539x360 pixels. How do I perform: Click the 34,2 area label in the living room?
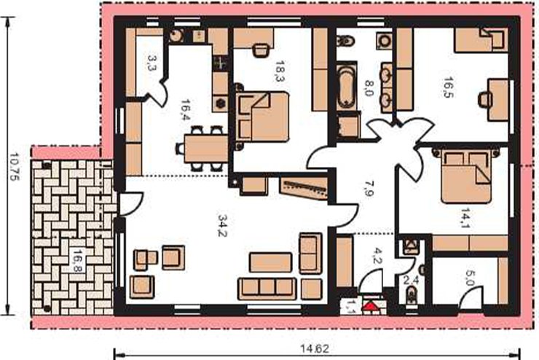224,226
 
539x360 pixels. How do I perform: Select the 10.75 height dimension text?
15,166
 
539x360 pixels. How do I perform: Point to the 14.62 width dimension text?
315,349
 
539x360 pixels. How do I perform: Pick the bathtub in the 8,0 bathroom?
347,86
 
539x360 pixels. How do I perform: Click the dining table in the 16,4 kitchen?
206,149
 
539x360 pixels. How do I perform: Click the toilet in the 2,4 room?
412,296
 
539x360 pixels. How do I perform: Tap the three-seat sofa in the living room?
267,288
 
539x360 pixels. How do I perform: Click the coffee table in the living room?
270,262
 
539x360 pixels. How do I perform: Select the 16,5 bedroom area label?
448,87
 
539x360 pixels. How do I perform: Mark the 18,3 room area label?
280,71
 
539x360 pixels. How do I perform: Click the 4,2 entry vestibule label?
377,257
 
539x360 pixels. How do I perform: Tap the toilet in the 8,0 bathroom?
345,42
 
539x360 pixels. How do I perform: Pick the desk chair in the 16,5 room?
485,99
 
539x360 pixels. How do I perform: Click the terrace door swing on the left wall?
132,203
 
